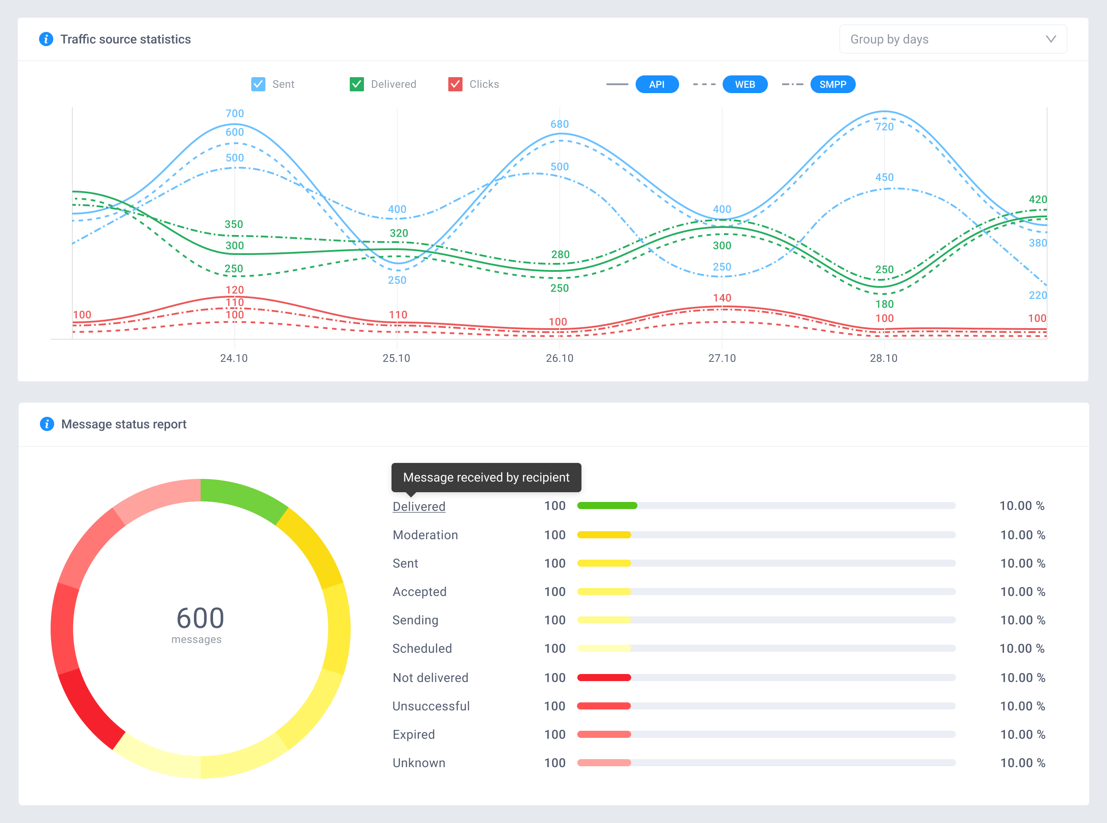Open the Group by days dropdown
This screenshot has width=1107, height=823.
(x=953, y=39)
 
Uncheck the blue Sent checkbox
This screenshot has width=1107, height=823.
(x=258, y=84)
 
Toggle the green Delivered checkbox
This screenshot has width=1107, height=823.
(x=356, y=84)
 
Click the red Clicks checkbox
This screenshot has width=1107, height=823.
(x=455, y=84)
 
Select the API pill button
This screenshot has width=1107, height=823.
(x=657, y=84)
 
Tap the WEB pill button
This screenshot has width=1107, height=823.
(x=744, y=84)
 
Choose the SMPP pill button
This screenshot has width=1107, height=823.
(x=832, y=84)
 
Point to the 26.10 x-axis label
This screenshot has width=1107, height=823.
(x=559, y=358)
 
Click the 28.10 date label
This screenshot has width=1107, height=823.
(x=883, y=358)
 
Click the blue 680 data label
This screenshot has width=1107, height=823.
(x=559, y=124)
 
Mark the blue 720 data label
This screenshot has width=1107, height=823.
(x=884, y=126)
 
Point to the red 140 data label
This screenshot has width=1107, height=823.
(x=722, y=298)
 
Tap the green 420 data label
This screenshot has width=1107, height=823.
(x=1038, y=199)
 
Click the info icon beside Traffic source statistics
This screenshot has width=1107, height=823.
(x=46, y=39)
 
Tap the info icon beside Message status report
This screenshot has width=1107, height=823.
(x=47, y=424)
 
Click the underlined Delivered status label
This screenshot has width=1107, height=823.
(x=419, y=507)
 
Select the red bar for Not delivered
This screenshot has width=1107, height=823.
(x=604, y=678)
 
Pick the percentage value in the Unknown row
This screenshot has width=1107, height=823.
(x=1022, y=763)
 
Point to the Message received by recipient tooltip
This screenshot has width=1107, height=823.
(x=486, y=477)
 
